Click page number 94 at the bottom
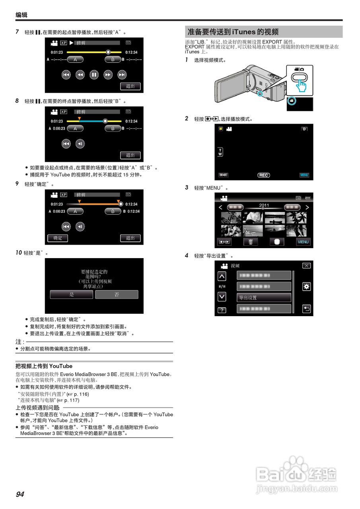tap(20, 494)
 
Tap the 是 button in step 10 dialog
tap(72, 295)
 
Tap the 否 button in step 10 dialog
tap(117, 295)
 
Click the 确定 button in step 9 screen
tap(58, 238)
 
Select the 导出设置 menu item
tap(264, 297)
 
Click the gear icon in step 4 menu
tap(306, 286)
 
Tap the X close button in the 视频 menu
tap(306, 266)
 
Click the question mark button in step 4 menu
tap(222, 310)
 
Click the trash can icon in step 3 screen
tap(251, 242)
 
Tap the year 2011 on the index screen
tap(264, 206)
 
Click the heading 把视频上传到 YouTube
tap(44, 366)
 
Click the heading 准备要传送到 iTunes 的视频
tap(233, 32)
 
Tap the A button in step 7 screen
tap(75, 59)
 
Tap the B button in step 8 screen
tap(113, 128)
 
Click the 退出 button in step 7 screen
tap(130, 86)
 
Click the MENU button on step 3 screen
tap(303, 242)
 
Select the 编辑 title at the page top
tap(21, 15)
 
